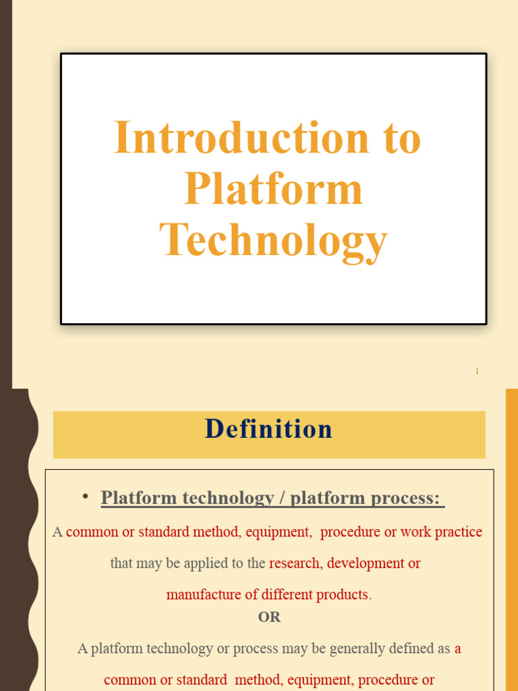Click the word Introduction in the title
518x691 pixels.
tap(241, 138)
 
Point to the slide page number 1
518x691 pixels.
tap(477, 371)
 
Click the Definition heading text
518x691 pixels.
tap(268, 429)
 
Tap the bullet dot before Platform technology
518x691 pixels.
tap(86, 497)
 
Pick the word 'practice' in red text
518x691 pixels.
tap(459, 532)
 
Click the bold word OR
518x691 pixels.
tap(269, 617)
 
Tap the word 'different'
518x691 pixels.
tap(287, 595)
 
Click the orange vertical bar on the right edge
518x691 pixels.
tap(511, 540)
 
